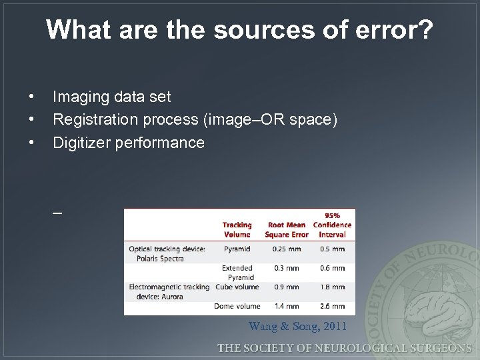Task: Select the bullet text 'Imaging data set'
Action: [111, 97]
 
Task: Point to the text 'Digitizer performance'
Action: [128, 142]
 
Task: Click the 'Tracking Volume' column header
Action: [237, 229]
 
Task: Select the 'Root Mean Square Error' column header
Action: [287, 229]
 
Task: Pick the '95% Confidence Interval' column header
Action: [332, 225]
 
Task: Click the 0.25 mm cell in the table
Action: [286, 249]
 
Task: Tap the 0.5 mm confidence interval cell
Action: [332, 249]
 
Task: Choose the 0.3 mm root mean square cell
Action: [286, 268]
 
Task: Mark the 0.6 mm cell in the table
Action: [332, 268]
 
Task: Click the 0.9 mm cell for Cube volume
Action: [286, 287]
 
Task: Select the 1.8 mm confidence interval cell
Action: [332, 287]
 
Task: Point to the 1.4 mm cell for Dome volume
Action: [286, 307]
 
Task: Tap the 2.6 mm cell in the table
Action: [332, 307]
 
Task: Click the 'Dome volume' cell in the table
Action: [237, 307]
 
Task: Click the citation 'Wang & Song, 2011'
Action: [297, 326]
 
